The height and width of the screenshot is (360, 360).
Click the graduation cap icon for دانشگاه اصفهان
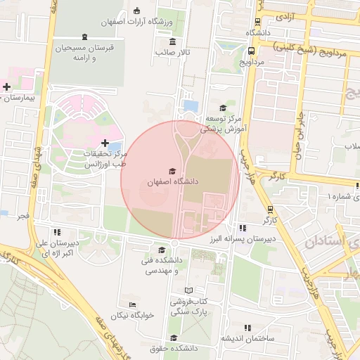coord(172,171)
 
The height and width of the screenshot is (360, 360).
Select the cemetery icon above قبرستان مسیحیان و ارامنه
coord(85,37)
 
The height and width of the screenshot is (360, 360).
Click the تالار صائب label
coord(173,52)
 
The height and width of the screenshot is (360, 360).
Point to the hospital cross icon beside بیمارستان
coord(7,87)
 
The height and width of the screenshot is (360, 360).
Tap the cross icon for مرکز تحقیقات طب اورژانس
coord(105,143)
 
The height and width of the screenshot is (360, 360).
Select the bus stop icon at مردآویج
coord(251,51)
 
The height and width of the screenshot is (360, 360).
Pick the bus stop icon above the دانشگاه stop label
coord(258,22)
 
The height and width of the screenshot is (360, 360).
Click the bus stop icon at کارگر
coord(270,210)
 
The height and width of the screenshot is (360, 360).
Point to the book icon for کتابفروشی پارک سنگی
coord(188,290)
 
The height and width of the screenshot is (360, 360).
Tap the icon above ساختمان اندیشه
coord(247,328)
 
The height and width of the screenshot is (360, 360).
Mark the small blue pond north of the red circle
coord(189,106)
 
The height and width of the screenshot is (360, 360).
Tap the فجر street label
coord(23,216)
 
